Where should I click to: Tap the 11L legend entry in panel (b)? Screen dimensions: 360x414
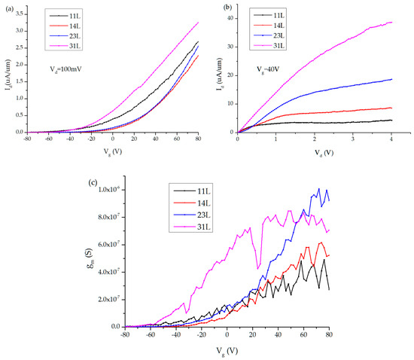pyautogui.click(x=273, y=15)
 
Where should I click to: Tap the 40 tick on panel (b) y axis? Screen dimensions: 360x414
pyautogui.click(x=229, y=17)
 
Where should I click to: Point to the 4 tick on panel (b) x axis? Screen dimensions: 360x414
pyautogui.click(x=392, y=139)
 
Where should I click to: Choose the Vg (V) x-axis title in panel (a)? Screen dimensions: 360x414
pyautogui.click(x=113, y=152)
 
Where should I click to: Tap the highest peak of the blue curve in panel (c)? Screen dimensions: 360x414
pyautogui.click(x=318, y=189)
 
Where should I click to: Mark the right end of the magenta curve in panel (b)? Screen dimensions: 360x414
pyautogui.click(x=392, y=22)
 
